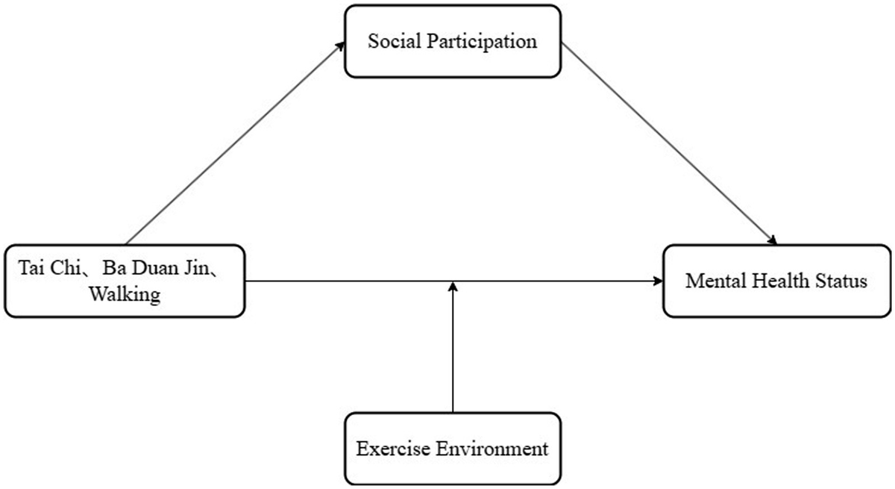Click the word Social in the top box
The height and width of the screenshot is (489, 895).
point(395,41)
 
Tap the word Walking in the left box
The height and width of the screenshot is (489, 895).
point(125,295)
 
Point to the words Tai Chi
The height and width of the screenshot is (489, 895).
point(49,267)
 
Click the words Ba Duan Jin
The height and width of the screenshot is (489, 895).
point(156,267)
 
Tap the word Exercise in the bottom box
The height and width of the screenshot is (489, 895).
point(393,449)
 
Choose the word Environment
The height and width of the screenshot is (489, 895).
point(492,449)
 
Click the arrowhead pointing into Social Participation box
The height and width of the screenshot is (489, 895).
point(340,46)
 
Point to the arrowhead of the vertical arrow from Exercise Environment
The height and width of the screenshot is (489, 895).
point(453,286)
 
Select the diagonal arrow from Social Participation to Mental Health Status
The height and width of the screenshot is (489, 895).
point(669,144)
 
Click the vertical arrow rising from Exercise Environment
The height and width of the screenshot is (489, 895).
point(453,347)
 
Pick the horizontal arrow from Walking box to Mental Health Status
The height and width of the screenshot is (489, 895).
point(454,281)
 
